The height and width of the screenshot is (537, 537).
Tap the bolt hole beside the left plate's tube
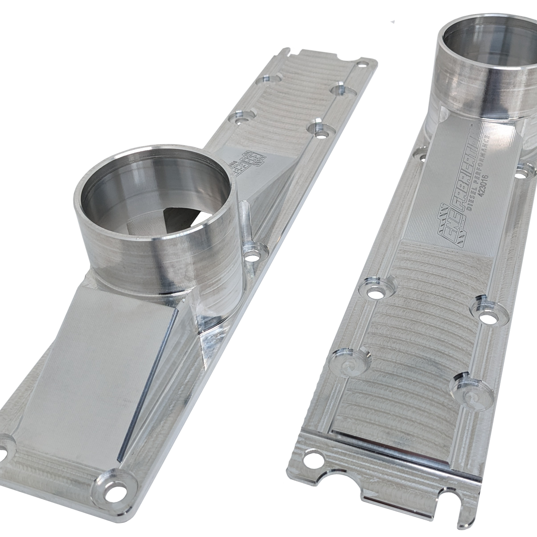252,257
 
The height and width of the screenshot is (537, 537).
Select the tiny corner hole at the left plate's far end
359,64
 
